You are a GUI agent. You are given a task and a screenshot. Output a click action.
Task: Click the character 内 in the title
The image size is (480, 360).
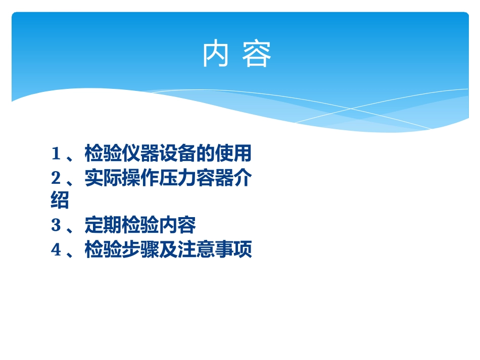click(214, 55)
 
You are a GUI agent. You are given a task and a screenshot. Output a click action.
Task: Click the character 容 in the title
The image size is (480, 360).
click(257, 55)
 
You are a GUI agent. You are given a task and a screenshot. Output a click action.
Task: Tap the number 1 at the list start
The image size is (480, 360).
click(56, 153)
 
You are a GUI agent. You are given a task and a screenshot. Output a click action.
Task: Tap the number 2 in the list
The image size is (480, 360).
click(56, 178)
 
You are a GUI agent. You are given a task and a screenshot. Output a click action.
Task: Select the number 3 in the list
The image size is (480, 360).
click(56, 226)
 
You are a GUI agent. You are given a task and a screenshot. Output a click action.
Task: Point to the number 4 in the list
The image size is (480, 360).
click(56, 250)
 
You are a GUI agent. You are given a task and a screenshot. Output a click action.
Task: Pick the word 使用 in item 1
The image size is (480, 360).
click(233, 153)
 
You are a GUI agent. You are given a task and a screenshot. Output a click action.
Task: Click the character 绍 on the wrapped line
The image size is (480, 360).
click(60, 201)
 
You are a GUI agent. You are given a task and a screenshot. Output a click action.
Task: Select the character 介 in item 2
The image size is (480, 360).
click(243, 178)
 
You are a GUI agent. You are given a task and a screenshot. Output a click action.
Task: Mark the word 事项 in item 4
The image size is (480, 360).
click(233, 250)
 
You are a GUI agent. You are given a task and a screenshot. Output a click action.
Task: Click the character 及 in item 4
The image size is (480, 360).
click(168, 250)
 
